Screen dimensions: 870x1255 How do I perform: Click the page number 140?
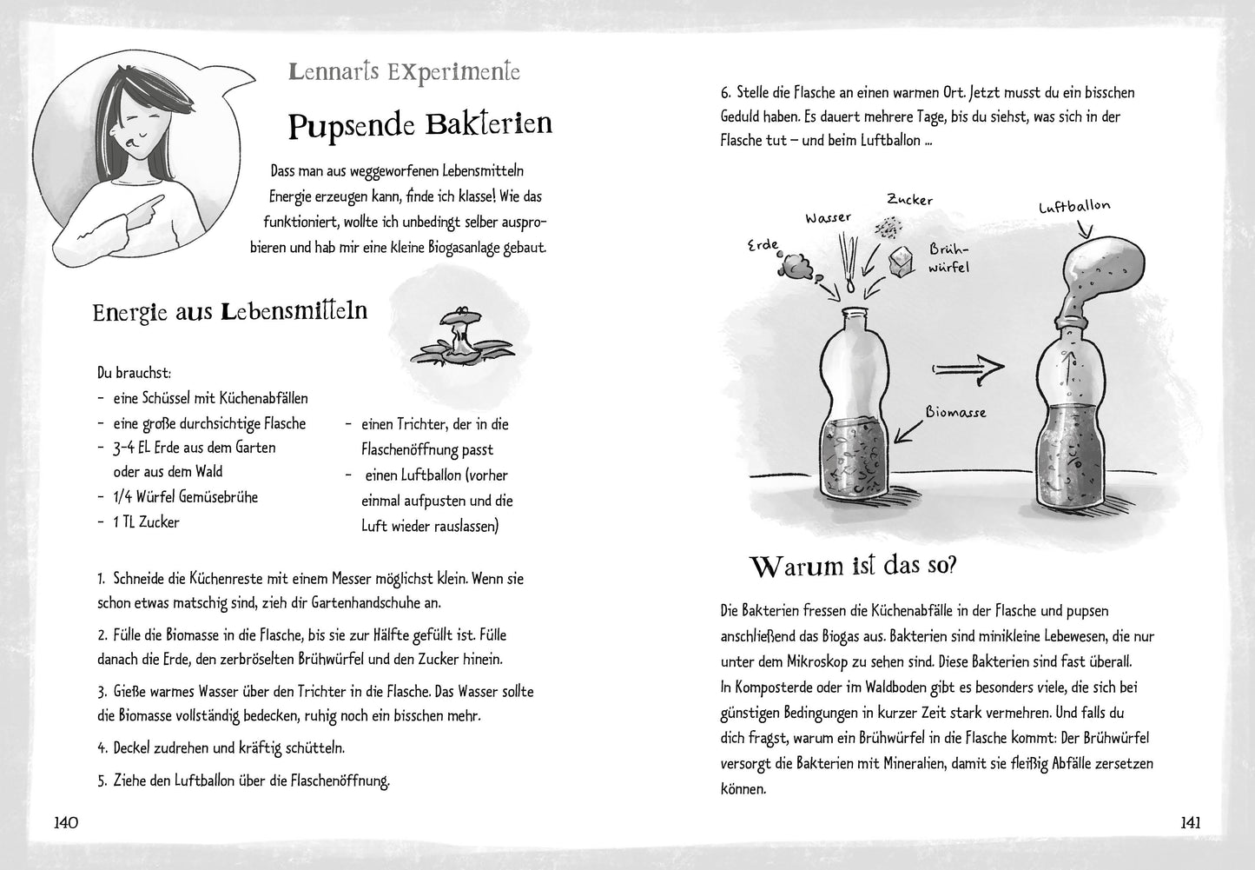(67, 822)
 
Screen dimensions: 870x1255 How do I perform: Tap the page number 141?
(1189, 822)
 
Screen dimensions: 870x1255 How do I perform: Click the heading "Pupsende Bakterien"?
(419, 125)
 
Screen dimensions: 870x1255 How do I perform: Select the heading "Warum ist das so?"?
(853, 567)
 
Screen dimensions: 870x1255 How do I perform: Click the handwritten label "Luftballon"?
(1073, 208)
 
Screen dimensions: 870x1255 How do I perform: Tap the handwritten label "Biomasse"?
(955, 412)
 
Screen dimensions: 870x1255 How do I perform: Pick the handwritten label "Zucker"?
(909, 200)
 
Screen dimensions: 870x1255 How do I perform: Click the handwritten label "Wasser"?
(828, 218)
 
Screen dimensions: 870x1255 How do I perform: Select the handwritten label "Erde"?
(764, 246)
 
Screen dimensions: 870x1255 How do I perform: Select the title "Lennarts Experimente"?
(405, 71)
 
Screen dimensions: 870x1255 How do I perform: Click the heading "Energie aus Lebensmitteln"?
(230, 311)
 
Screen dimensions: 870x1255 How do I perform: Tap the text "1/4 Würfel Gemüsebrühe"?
(185, 497)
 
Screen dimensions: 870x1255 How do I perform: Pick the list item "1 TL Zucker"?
(146, 522)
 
